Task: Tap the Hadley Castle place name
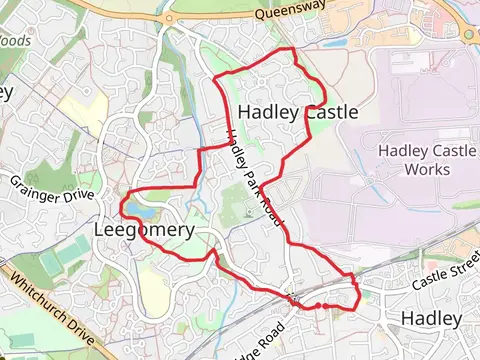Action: pos(298,112)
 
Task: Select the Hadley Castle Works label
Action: pos(422,158)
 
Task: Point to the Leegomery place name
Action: pos(143,229)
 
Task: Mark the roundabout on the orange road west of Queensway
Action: pos(167,17)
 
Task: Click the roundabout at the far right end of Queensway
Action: pos(470,33)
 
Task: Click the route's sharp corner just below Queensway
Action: pos(291,49)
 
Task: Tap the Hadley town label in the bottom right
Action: pos(431,319)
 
